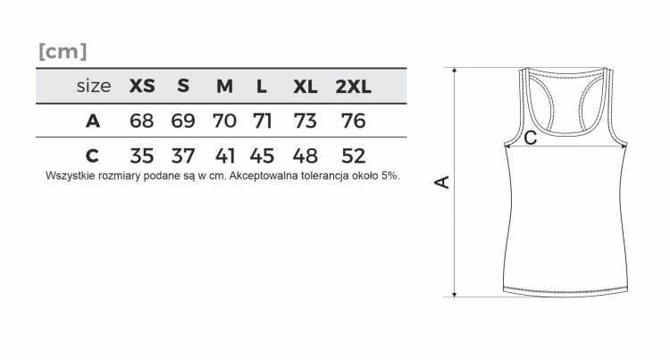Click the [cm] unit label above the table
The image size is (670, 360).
pos(63,51)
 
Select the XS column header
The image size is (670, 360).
pos(142,87)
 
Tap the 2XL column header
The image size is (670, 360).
pos(353,87)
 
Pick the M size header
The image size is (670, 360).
pos(225,87)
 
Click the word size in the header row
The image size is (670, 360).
pos(94,87)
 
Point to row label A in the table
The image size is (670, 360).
pos(93,121)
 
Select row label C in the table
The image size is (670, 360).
pos(92,155)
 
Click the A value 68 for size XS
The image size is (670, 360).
pos(141,121)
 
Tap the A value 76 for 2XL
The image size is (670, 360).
pos(354,121)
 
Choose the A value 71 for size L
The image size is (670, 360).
pos(262,121)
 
